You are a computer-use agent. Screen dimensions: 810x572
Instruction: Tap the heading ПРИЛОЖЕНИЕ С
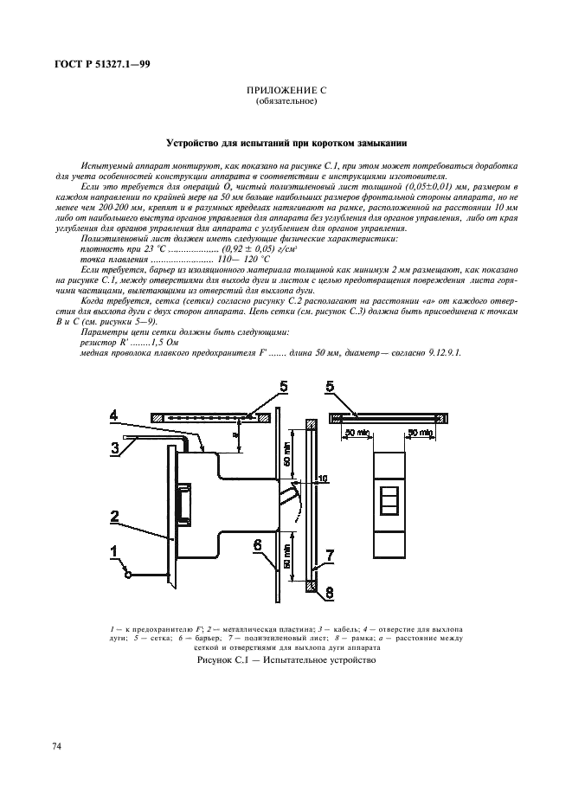tap(286, 90)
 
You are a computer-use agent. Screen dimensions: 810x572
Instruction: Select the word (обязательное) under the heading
tap(286, 101)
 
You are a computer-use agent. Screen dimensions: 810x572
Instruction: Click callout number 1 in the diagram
tap(112, 549)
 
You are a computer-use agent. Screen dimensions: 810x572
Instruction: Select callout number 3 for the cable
tap(112, 447)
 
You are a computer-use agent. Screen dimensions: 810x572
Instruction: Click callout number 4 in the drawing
tap(112, 415)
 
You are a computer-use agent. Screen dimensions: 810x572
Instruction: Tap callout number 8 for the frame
tap(330, 595)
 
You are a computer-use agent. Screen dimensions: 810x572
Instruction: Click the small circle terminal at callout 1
tap(128, 574)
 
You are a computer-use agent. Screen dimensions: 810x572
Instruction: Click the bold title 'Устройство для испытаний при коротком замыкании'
tap(286, 143)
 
